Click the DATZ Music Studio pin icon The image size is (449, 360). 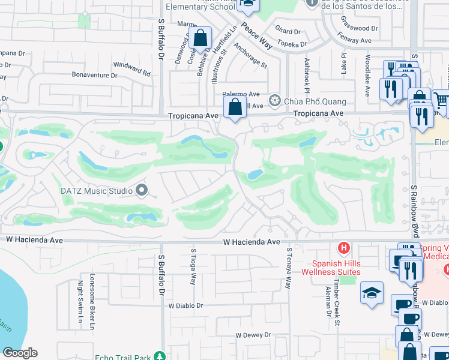click(142, 191)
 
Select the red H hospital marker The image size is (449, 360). click(343, 247)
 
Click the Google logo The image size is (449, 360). click(20, 353)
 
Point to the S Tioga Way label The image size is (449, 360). click(193, 266)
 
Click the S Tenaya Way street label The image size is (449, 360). click(289, 268)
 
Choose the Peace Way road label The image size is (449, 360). click(257, 36)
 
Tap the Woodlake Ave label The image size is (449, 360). click(367, 76)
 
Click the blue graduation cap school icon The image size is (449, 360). click(372, 293)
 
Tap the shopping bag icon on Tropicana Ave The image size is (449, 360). click(235, 108)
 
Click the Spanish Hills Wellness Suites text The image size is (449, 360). click(337, 268)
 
